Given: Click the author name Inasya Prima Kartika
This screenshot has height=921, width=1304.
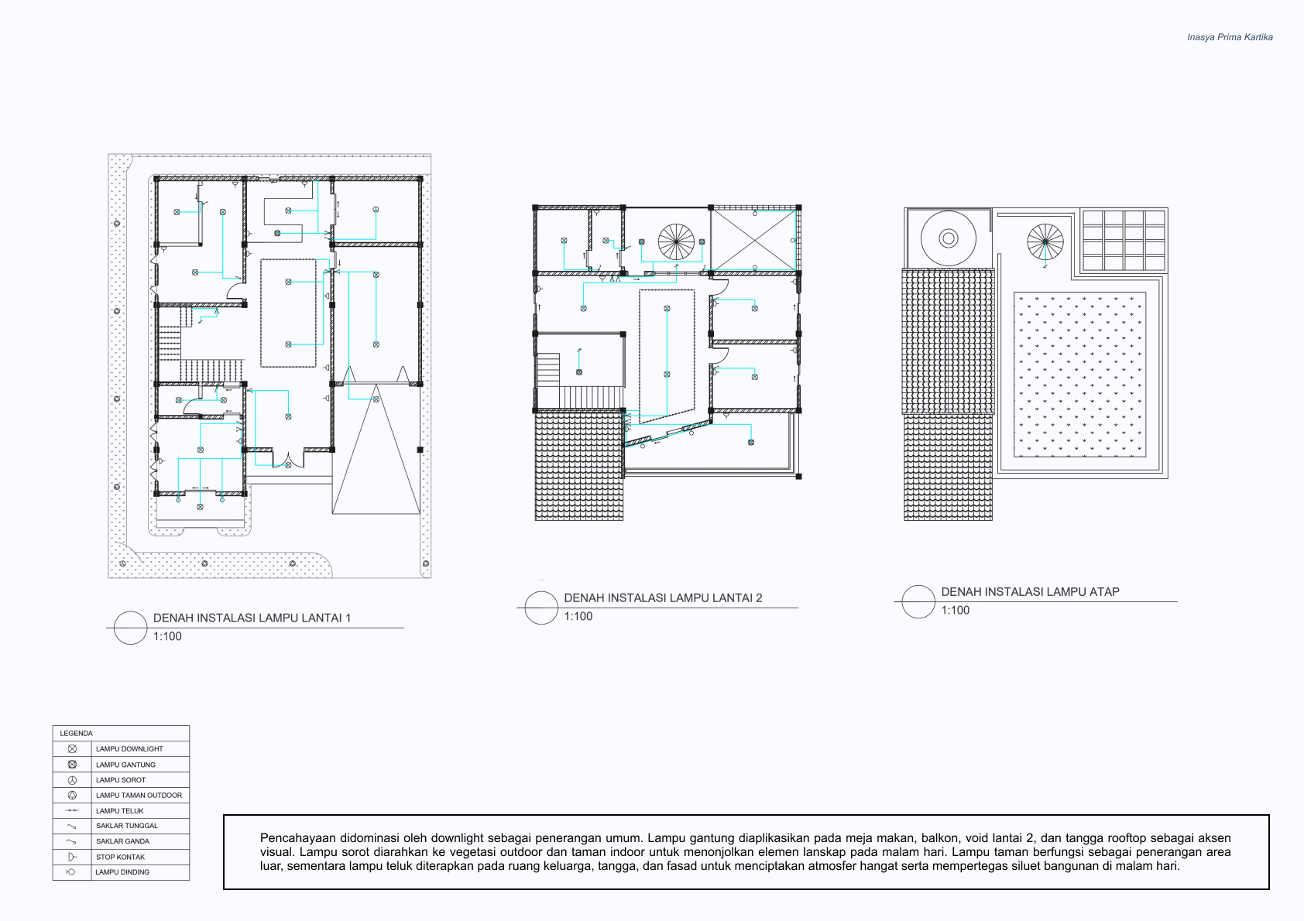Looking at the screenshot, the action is click(1230, 37).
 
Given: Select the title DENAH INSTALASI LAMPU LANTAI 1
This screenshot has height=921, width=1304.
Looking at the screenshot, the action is click(252, 618).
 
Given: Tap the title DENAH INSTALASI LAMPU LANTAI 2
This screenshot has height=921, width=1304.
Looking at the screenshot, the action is click(663, 598).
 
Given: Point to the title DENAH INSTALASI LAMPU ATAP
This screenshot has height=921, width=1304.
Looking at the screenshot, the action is click(1030, 592).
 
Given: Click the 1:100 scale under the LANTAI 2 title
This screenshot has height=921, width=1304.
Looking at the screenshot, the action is click(578, 616).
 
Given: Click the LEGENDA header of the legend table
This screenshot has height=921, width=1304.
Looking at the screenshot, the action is click(76, 733).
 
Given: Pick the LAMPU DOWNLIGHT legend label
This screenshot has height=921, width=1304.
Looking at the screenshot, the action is click(129, 748).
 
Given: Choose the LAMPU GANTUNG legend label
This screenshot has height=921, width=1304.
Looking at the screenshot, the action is click(125, 765).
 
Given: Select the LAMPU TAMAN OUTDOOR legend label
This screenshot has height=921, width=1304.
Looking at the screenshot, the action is click(139, 796).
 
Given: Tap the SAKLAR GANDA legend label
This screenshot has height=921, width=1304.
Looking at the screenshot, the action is click(122, 841).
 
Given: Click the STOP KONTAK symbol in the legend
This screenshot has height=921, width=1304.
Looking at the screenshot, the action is click(72, 857).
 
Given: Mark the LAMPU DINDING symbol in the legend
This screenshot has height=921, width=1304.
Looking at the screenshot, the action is click(71, 872).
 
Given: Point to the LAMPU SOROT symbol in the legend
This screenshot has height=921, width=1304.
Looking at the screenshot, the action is click(72, 780).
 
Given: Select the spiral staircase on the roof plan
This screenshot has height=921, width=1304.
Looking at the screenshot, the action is click(1045, 241).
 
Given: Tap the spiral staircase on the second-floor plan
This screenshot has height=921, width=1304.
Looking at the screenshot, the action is click(676, 241).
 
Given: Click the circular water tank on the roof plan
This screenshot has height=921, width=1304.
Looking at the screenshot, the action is click(949, 238).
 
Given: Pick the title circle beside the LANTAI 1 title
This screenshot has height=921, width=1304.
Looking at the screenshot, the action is click(130, 628).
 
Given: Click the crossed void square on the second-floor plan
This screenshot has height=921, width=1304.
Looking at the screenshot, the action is click(754, 240).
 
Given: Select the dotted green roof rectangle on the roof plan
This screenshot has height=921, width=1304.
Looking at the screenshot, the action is click(1080, 375).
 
